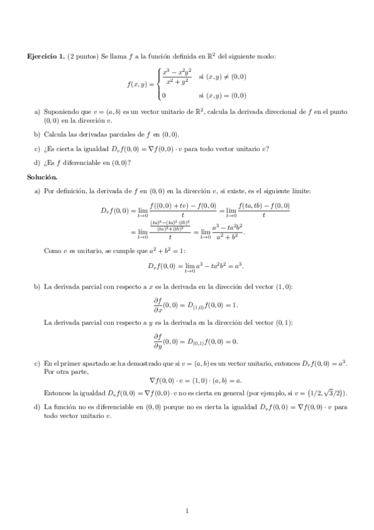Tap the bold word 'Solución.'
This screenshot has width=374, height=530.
[40, 177]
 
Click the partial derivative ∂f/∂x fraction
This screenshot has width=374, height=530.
[157, 304]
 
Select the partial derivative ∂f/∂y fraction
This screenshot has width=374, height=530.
[157, 341]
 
